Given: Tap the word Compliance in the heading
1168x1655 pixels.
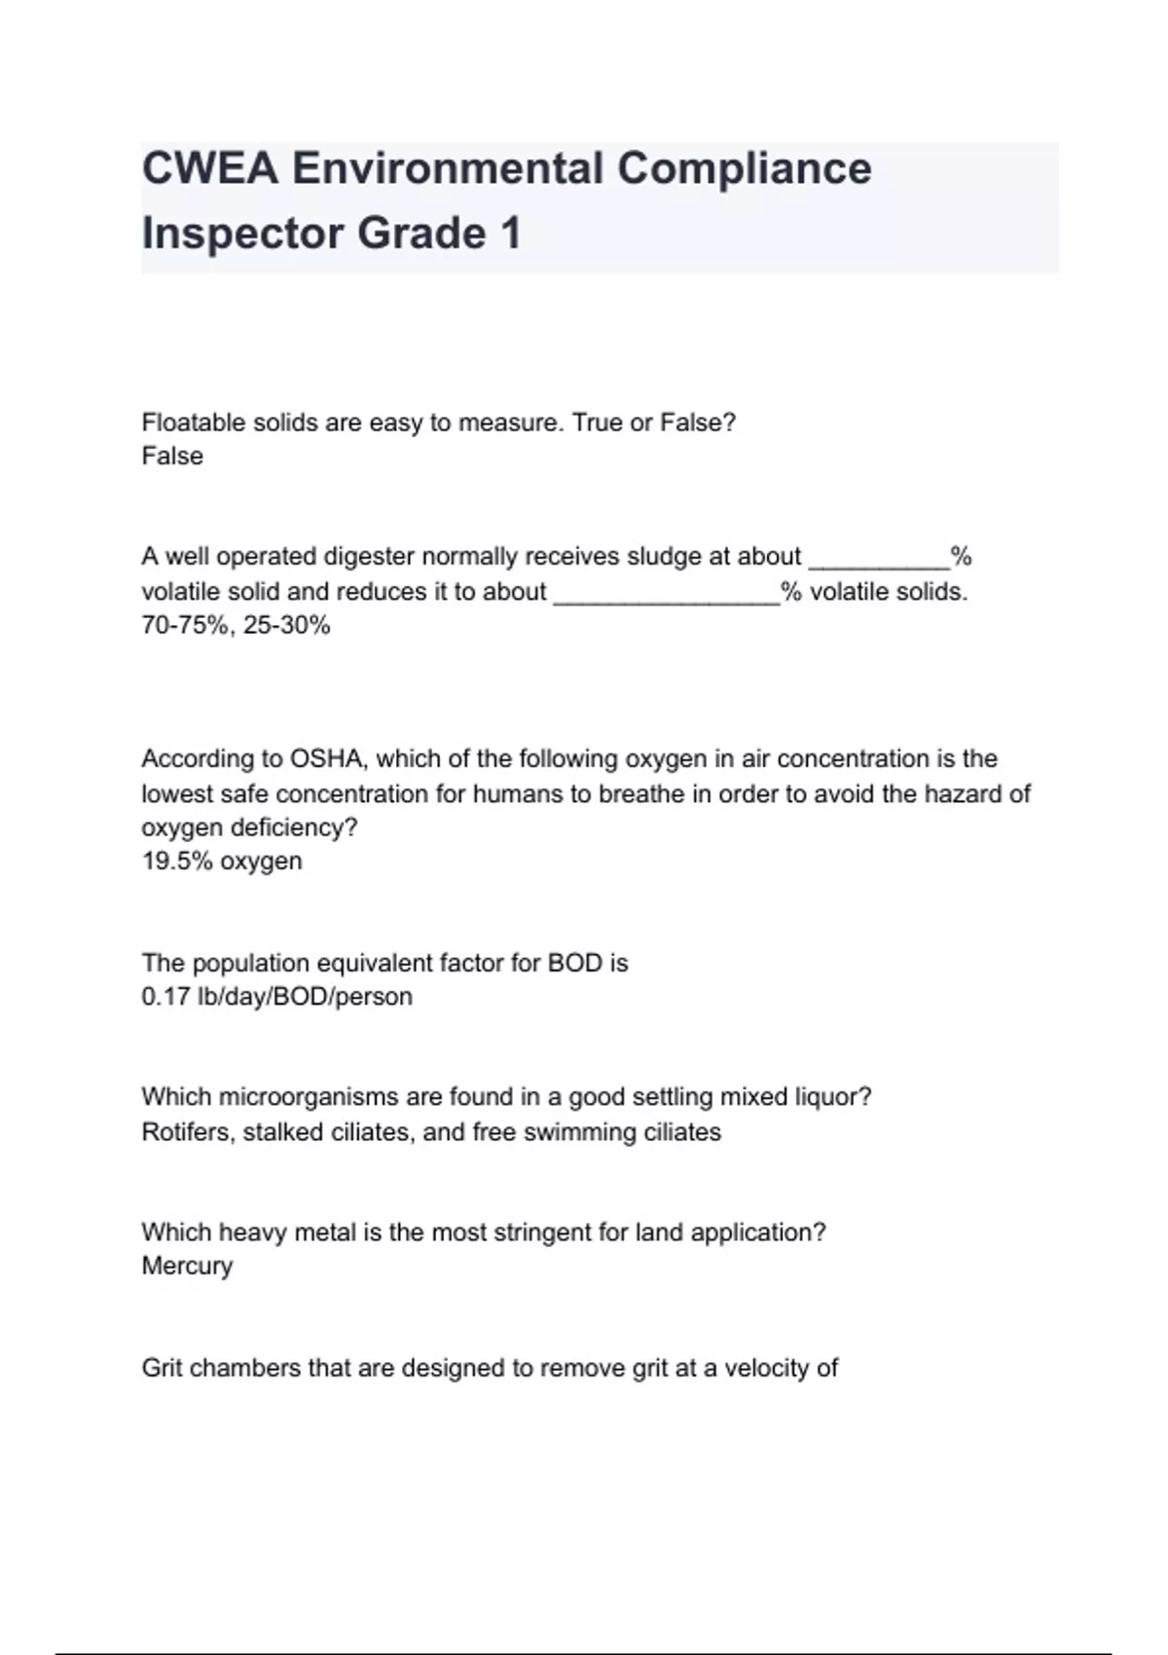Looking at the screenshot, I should click(744, 168).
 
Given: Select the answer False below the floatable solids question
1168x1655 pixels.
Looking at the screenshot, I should click(172, 456).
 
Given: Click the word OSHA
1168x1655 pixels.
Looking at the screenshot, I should click(325, 758).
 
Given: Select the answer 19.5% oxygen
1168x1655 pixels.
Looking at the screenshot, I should click(222, 861).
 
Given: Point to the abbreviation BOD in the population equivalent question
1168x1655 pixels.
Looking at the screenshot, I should click(574, 963).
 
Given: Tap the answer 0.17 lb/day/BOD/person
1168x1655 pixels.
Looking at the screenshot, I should click(276, 997).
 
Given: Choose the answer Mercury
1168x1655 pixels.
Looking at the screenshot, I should click(187, 1266).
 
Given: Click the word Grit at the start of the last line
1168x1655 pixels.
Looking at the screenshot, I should click(163, 1368).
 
